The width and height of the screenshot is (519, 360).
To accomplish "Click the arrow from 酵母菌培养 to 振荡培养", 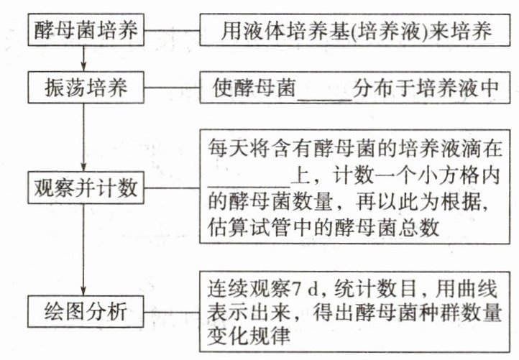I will pos(85,58).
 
